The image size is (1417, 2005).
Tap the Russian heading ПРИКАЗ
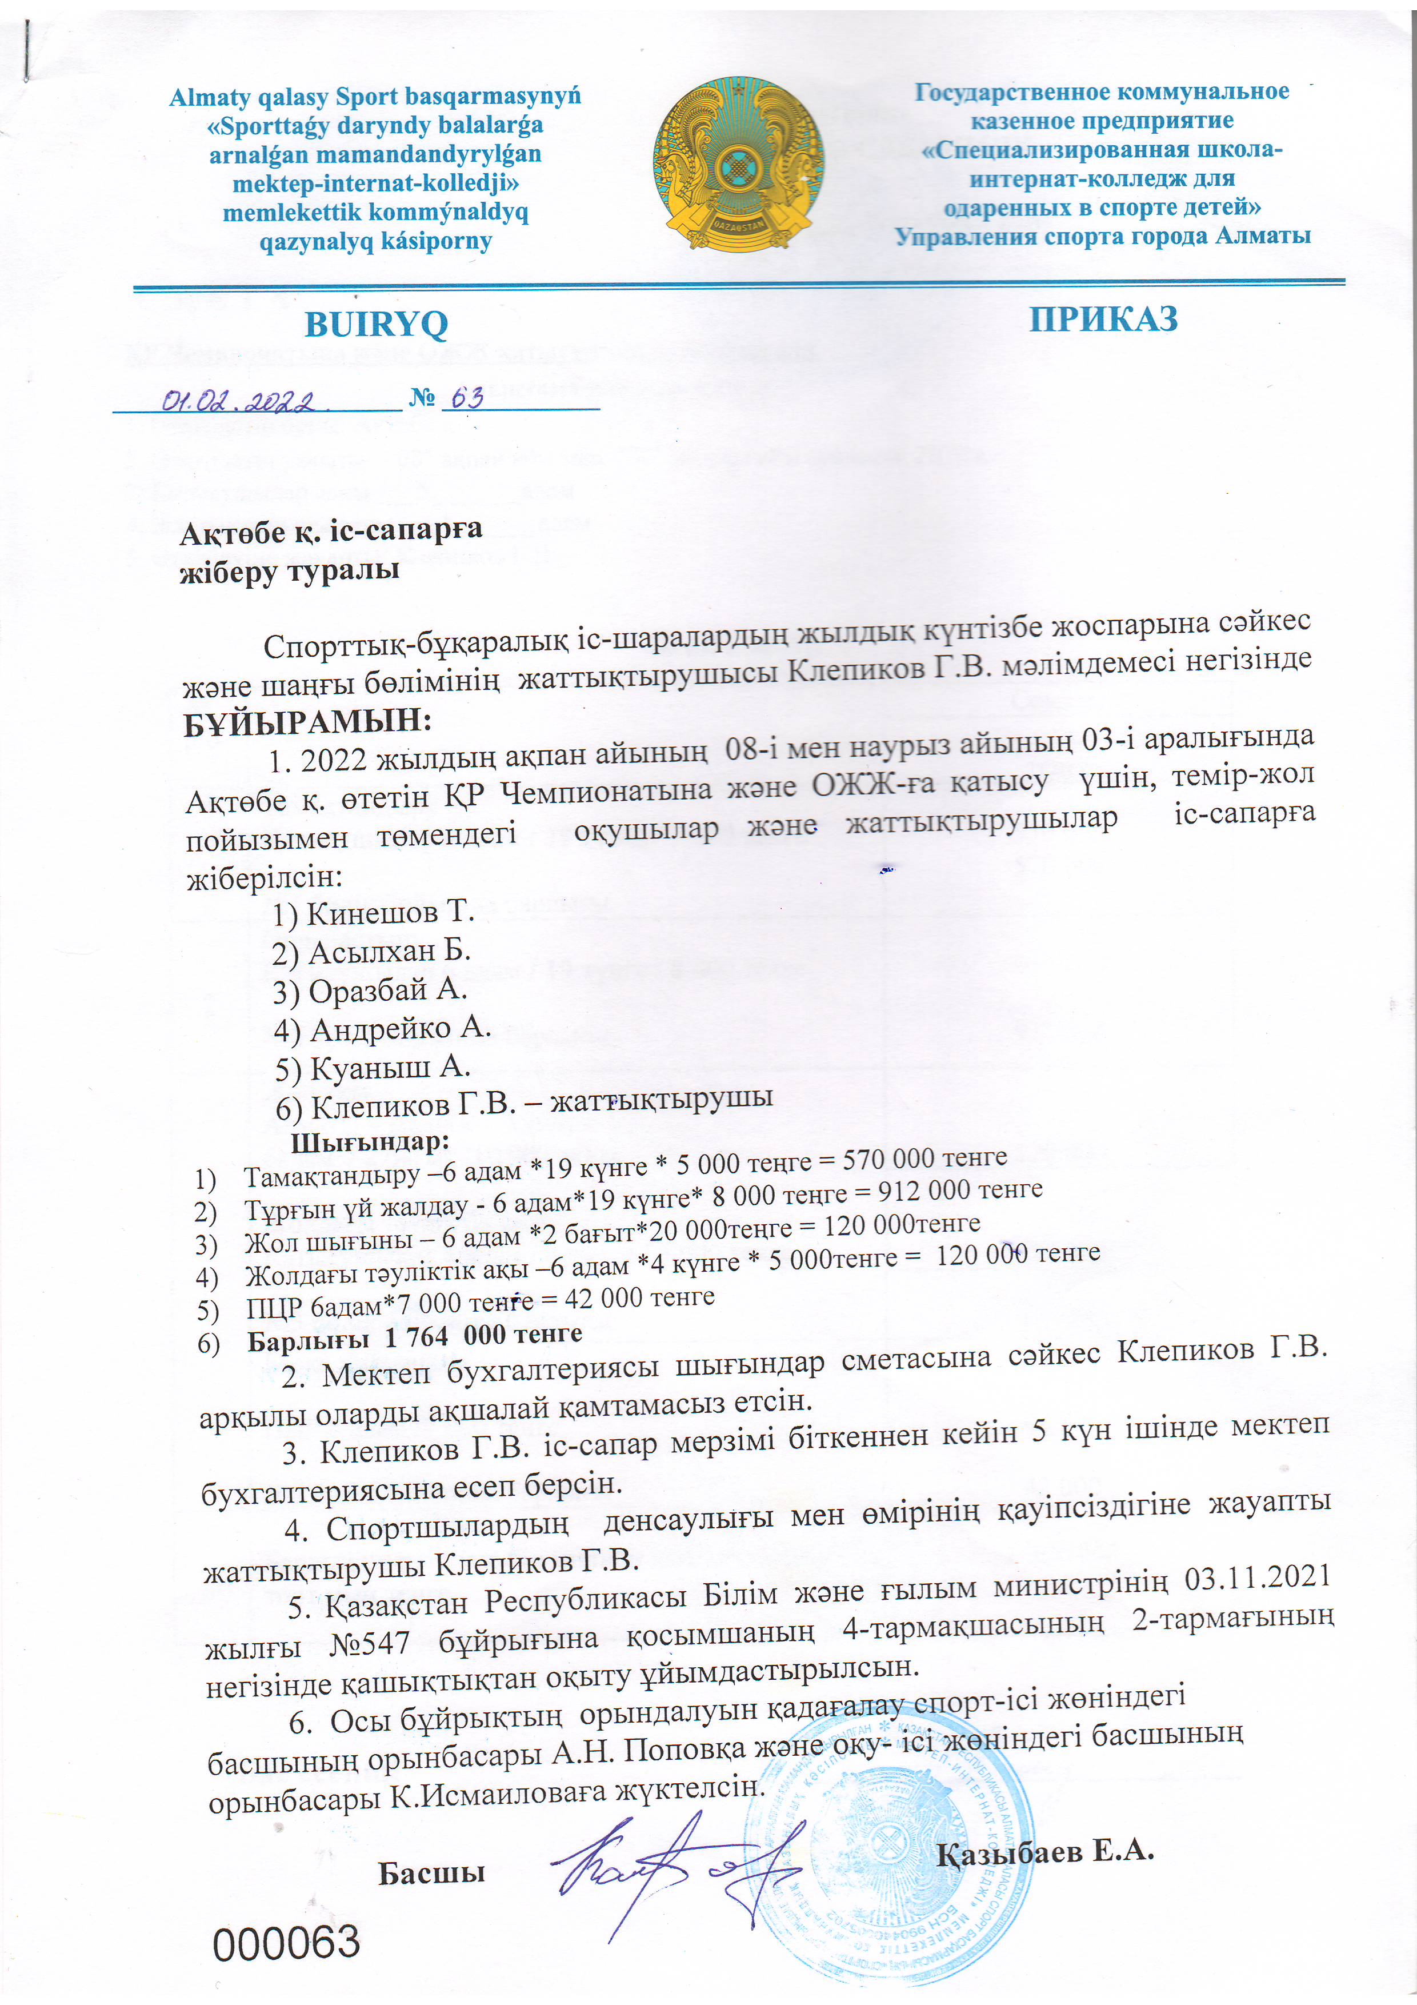tap(1103, 319)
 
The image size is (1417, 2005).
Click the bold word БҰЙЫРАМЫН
tap(307, 722)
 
